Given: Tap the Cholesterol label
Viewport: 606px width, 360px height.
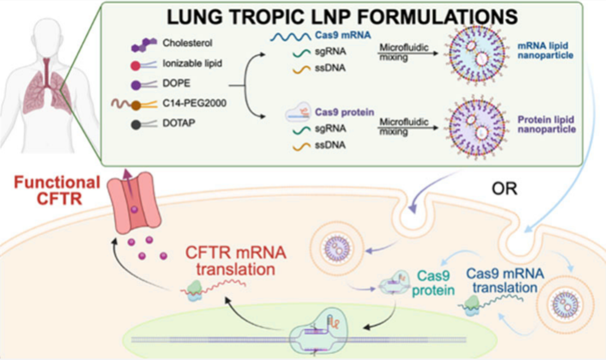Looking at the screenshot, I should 187,43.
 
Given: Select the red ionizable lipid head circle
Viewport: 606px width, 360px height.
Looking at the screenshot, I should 135,66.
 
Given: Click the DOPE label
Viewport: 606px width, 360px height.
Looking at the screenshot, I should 176,83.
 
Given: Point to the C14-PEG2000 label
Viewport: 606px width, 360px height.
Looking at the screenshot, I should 194,103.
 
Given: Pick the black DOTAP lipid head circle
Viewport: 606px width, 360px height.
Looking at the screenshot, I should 136,125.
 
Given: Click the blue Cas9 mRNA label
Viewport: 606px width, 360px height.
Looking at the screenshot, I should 343,35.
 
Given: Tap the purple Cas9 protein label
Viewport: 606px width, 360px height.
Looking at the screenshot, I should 344,112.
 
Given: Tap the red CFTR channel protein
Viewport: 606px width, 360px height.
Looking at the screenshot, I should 134,202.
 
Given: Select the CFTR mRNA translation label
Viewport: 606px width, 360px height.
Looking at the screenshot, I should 236,261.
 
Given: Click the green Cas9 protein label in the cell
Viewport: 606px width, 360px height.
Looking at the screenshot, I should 433,283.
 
